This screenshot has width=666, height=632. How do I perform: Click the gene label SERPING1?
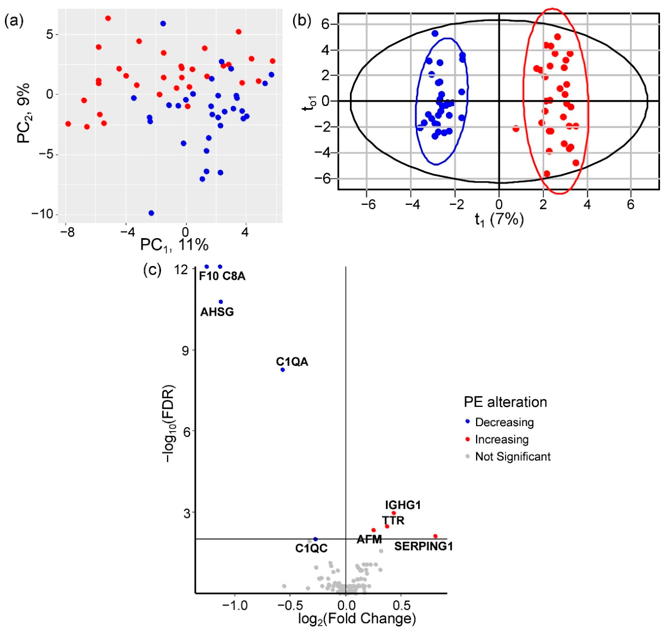(x=424, y=546)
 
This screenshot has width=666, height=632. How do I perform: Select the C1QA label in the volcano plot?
(x=292, y=362)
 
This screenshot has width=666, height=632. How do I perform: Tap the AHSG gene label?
(x=217, y=311)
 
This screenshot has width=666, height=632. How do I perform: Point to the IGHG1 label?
(x=403, y=505)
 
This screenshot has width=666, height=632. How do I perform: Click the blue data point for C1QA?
(x=283, y=370)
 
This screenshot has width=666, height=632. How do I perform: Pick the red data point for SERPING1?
(x=435, y=536)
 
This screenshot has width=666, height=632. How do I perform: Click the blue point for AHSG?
(x=221, y=302)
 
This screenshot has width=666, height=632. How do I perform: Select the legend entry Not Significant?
(x=513, y=457)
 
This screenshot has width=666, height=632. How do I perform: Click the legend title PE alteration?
(x=506, y=402)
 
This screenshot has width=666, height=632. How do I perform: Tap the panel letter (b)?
(x=302, y=21)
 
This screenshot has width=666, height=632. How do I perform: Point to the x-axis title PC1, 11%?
(x=175, y=245)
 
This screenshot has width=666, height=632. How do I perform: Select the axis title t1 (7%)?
(x=499, y=220)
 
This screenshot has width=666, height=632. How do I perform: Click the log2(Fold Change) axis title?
(x=357, y=618)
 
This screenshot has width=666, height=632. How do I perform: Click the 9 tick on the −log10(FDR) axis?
(x=186, y=350)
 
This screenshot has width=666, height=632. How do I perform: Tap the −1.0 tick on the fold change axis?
(x=235, y=605)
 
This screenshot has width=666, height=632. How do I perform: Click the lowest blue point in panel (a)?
(x=151, y=213)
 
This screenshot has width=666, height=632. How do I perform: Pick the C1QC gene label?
(x=311, y=548)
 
